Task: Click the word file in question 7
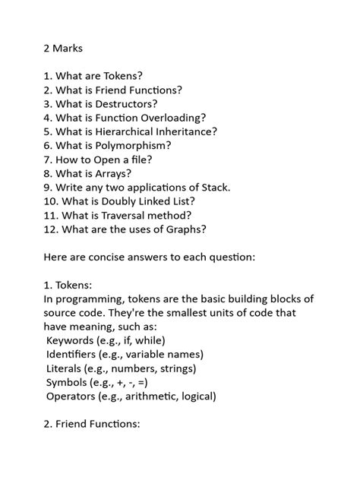coord(141,159)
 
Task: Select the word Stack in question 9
coord(212,187)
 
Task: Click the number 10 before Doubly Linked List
coord(49,201)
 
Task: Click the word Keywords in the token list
coord(72,340)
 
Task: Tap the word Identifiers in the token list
coord(73,354)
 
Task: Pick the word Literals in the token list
coord(65,368)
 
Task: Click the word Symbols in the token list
coord(67,382)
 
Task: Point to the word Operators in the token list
coord(73,396)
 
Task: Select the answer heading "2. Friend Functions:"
coord(92,424)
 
